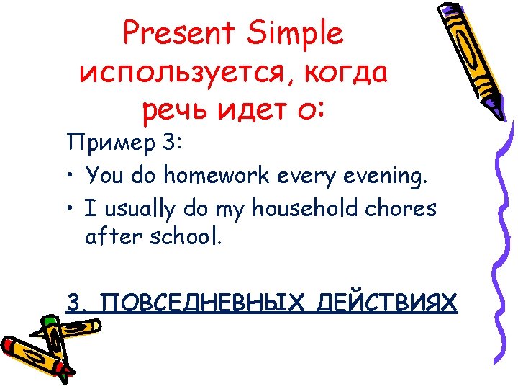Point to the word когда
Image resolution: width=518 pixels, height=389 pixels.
346,74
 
